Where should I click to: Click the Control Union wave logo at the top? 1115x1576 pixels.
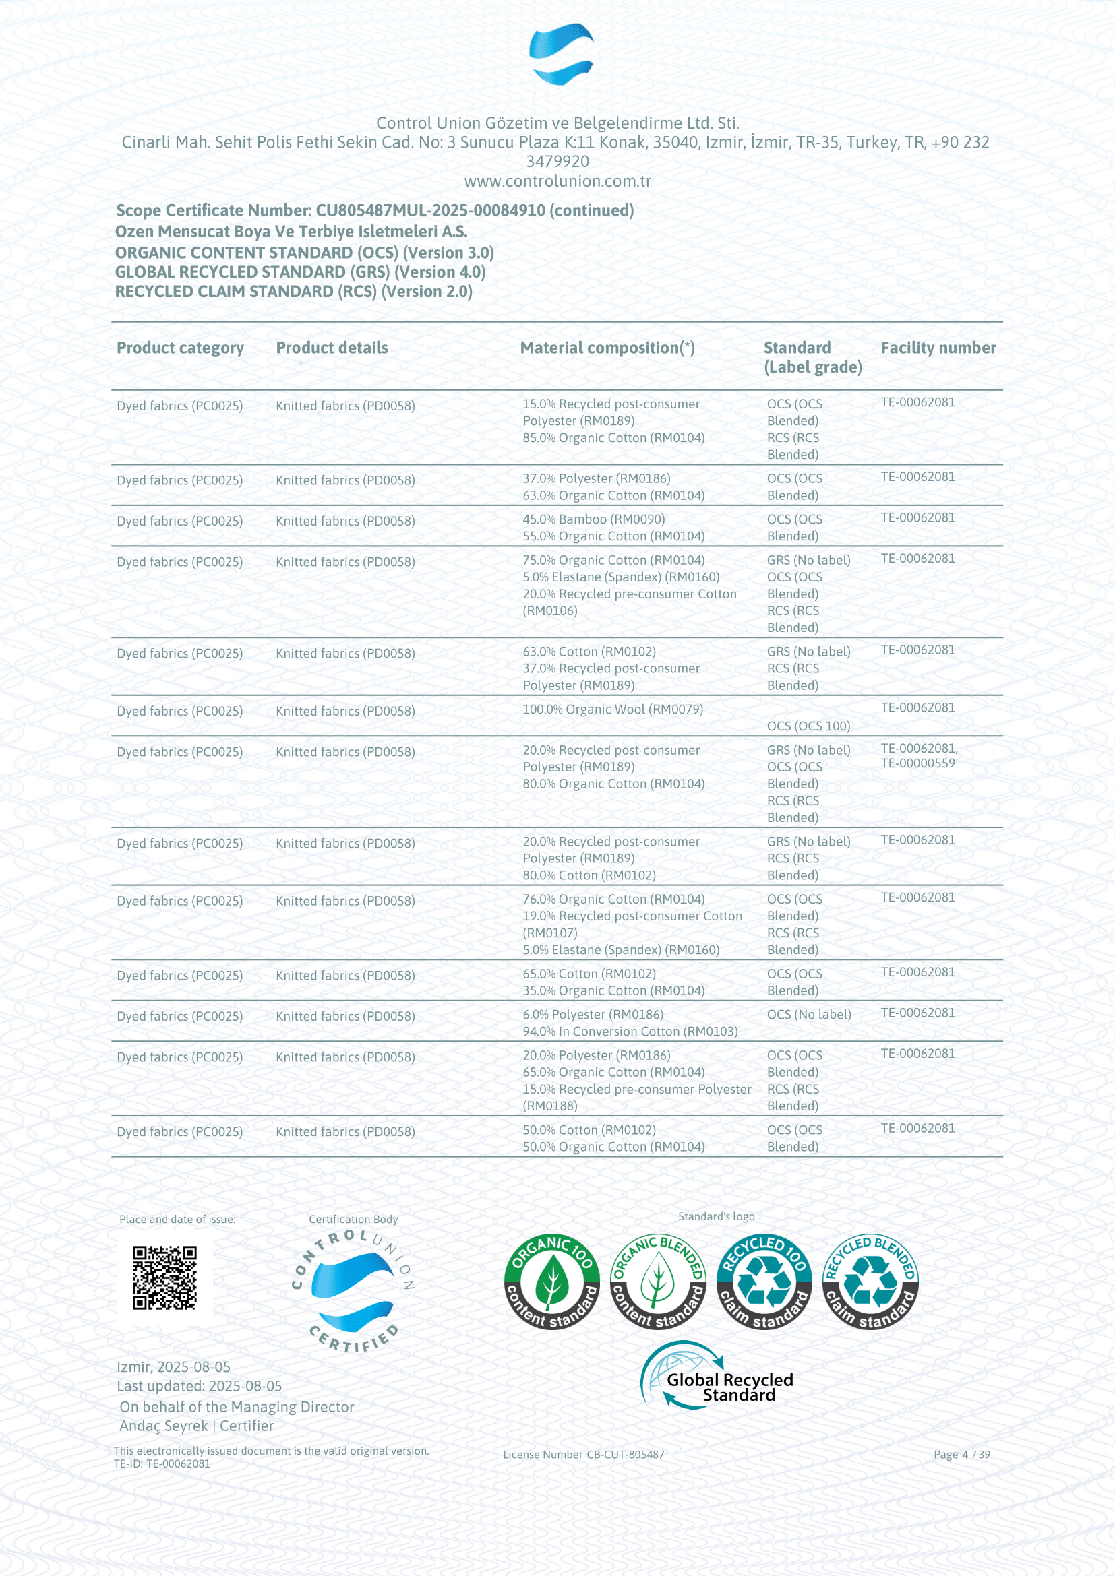click(561, 54)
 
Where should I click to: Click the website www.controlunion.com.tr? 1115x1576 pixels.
click(557, 181)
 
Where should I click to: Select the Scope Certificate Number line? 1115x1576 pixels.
click(375, 211)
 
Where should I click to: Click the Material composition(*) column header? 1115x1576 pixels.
click(607, 348)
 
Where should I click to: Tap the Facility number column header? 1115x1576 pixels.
click(938, 348)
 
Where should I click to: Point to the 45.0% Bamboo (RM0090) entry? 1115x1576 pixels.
click(593, 519)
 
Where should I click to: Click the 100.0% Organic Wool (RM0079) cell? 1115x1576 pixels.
click(612, 710)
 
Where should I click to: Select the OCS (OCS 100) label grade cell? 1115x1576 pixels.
click(808, 726)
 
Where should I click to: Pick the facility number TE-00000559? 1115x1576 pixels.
click(918, 763)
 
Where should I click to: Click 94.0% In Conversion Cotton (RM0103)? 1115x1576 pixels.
click(630, 1032)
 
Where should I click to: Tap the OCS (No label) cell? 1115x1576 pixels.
click(809, 1015)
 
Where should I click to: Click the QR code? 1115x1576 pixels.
click(164, 1278)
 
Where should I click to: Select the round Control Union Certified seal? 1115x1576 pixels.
click(353, 1292)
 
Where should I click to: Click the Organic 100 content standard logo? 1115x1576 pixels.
click(551, 1282)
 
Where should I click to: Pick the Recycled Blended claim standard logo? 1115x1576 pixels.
click(870, 1282)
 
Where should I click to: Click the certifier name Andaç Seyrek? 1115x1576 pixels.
click(163, 1426)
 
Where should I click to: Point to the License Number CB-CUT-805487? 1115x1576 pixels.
click(584, 1455)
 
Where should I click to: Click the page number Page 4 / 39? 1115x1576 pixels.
click(961, 1455)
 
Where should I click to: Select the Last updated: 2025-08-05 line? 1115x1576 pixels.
click(199, 1386)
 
